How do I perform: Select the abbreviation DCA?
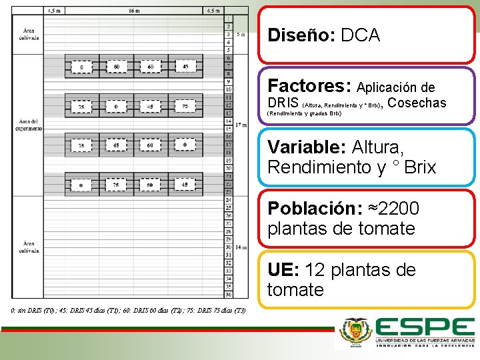click(360, 35)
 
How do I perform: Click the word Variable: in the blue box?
click(306, 147)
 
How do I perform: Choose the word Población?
click(311, 209)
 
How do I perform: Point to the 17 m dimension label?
click(241, 124)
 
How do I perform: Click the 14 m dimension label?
click(241, 247)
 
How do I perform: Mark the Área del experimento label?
click(29, 125)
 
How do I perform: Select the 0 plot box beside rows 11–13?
click(117, 106)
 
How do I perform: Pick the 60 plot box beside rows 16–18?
click(150, 145)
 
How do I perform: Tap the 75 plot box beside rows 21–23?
click(117, 185)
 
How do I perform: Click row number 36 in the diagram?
click(229, 294)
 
